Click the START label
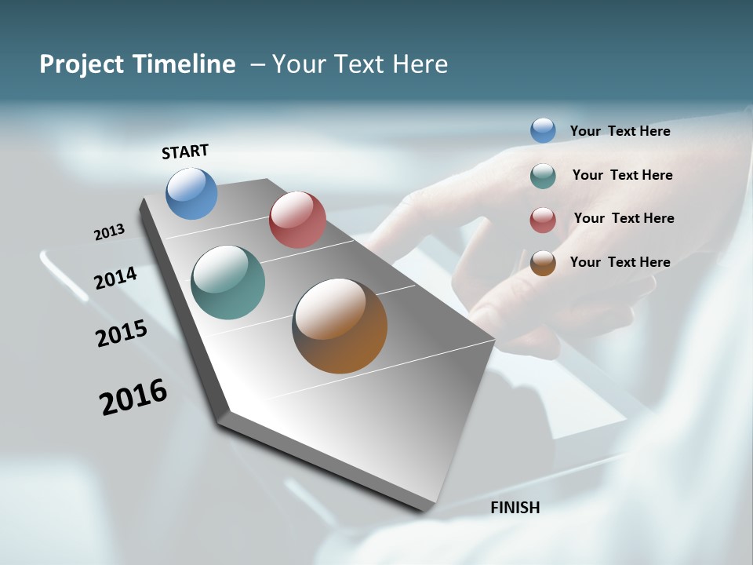(185, 151)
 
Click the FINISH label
(515, 508)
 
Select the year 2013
(110, 232)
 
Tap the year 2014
(116, 278)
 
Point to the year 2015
(122, 334)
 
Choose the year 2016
(133, 396)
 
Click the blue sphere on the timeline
(191, 193)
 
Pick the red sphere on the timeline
(297, 220)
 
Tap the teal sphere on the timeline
(227, 282)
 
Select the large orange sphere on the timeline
(340, 326)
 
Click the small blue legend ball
(543, 130)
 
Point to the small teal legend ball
(543, 176)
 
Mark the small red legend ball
(543, 220)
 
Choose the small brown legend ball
(543, 263)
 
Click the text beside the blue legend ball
(620, 131)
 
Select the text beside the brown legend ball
(620, 262)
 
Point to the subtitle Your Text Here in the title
(360, 64)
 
